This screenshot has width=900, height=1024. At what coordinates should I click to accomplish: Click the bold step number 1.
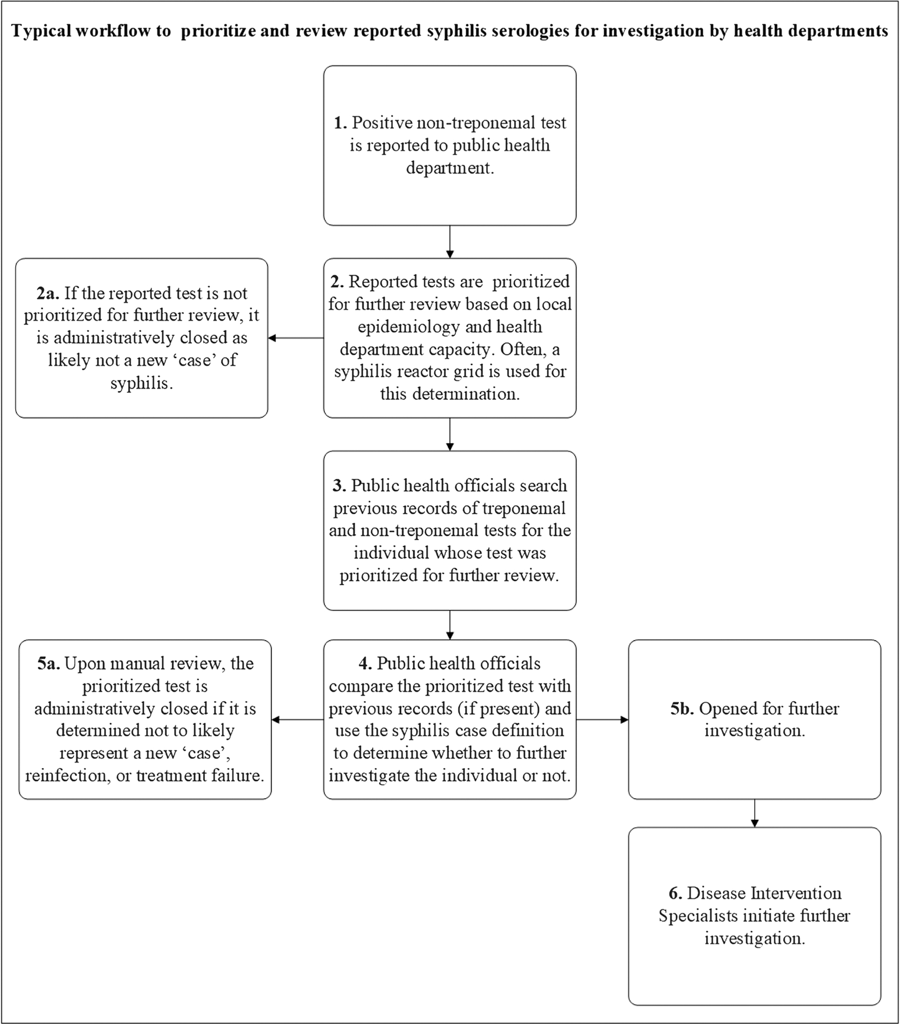pyautogui.click(x=340, y=123)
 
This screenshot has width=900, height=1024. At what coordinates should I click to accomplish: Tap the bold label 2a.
pyautogui.click(x=49, y=293)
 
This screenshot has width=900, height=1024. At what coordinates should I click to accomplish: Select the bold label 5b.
pyautogui.click(x=682, y=708)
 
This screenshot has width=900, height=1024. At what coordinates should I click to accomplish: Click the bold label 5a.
pyautogui.click(x=49, y=663)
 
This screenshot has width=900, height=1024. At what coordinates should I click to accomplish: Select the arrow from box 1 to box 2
pyautogui.click(x=450, y=242)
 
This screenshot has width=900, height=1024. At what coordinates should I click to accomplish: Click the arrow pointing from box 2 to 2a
pyautogui.click(x=296, y=338)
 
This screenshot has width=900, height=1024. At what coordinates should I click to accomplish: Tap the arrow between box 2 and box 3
pyautogui.click(x=450, y=434)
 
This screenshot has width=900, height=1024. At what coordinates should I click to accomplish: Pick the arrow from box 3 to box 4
pyautogui.click(x=450, y=625)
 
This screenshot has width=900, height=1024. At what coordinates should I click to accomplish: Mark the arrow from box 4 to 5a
pyautogui.click(x=297, y=719)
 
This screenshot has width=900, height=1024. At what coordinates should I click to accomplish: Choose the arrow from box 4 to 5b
pyautogui.click(x=602, y=719)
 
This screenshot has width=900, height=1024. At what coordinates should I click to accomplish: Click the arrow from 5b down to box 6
pyautogui.click(x=754, y=813)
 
